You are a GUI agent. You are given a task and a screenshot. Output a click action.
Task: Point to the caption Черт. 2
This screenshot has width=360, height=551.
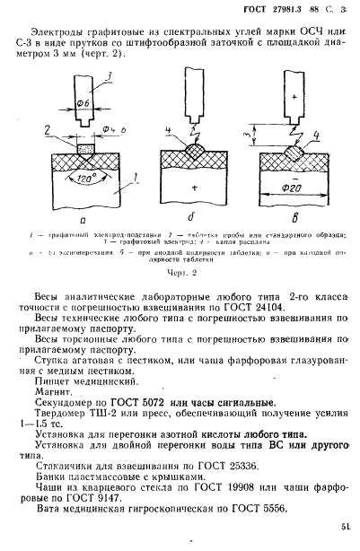click(x=180, y=274)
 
